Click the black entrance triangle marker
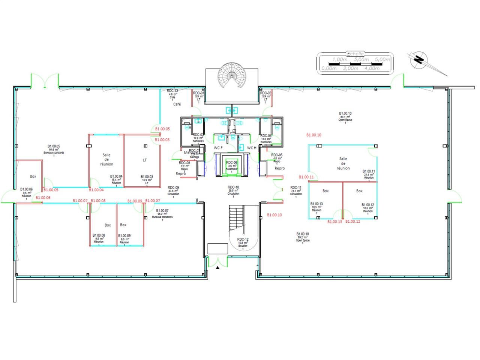217,268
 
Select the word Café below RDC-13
177,104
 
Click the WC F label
218,148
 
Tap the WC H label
252,148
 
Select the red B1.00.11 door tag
306,177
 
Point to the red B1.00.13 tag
334,222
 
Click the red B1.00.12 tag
352,222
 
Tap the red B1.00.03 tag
162,140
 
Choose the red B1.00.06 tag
43,197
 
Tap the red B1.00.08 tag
98,201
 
